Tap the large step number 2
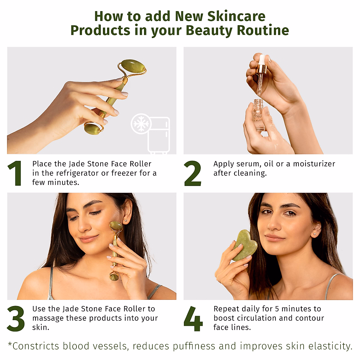click(x=193, y=173)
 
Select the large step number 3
click(x=16, y=319)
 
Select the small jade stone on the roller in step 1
click(x=92, y=129)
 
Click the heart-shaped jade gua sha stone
click(x=245, y=245)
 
